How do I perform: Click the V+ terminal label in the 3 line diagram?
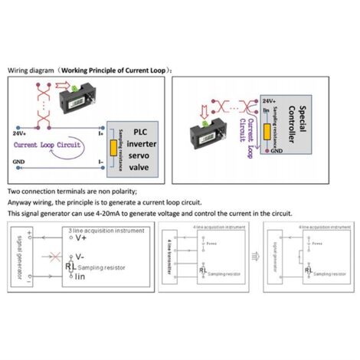[x=82, y=237]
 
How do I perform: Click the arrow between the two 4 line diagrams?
[x=250, y=257]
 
